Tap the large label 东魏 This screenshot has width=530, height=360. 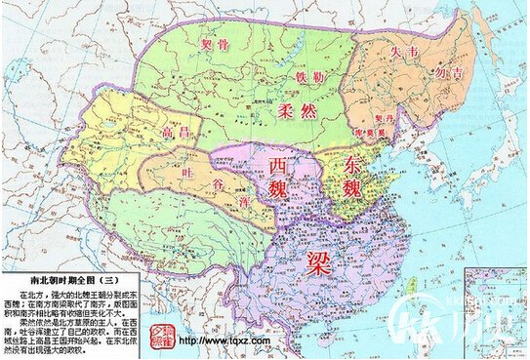pyautogui.click(x=354, y=173)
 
